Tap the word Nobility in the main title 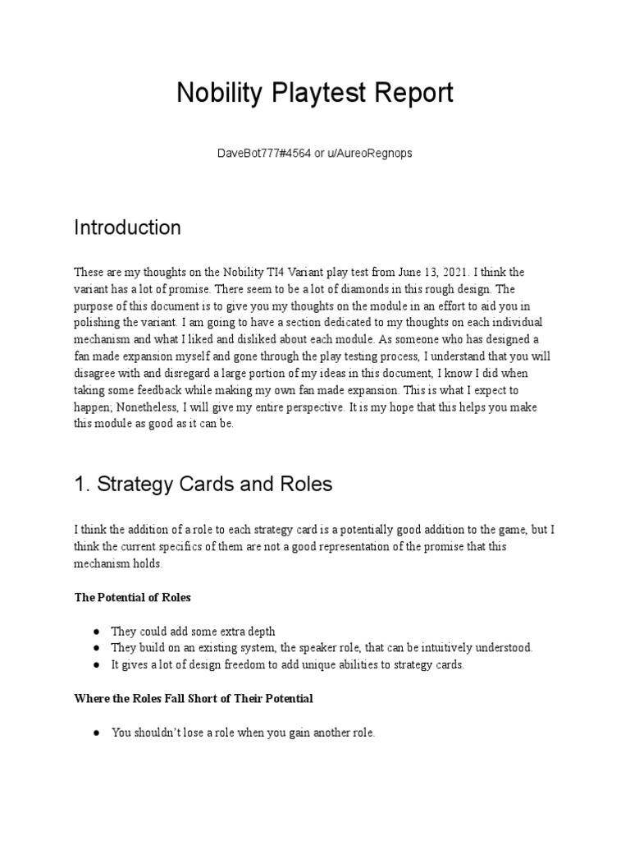click(x=215, y=94)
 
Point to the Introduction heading click(x=127, y=227)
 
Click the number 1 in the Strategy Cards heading click(x=80, y=485)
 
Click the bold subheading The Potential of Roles click(x=132, y=598)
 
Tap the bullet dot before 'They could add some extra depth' click(x=97, y=630)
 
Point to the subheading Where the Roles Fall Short click(x=194, y=698)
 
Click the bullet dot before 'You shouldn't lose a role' click(x=97, y=733)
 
